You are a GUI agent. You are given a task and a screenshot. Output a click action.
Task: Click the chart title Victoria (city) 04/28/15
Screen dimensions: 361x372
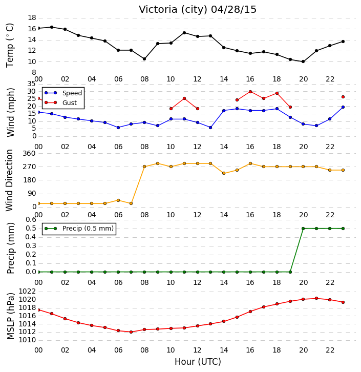pos(198,10)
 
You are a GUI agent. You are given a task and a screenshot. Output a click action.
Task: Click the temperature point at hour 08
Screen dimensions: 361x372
pos(144,59)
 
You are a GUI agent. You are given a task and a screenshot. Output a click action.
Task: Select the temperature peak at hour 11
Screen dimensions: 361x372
pos(184,33)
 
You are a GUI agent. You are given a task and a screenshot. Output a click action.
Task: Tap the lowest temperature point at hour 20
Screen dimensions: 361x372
pos(303,61)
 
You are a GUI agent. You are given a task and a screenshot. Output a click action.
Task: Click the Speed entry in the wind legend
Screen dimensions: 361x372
pos(63,93)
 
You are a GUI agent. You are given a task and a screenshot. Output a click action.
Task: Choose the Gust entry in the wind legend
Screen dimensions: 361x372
pos(61,102)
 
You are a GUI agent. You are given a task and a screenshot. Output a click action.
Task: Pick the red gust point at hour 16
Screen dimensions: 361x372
pos(250,92)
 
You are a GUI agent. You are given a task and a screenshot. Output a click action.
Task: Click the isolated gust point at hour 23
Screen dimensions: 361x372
pos(343,97)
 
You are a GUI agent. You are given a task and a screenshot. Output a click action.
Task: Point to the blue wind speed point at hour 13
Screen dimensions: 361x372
pos(210,128)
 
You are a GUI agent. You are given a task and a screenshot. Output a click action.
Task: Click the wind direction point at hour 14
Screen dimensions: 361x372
pos(224,173)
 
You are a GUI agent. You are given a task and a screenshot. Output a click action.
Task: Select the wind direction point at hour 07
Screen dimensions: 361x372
pos(131,203)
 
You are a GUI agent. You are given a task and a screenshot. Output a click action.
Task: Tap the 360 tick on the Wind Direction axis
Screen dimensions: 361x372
pos(29,154)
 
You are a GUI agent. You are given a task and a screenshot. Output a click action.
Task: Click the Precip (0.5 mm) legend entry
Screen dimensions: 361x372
pos(79,229)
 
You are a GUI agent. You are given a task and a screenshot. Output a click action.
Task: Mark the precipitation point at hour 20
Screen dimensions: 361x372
pos(303,229)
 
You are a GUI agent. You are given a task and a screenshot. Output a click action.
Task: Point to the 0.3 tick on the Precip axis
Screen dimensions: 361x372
pos(31,245)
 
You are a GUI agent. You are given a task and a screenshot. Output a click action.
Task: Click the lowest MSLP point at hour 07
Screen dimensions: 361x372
pos(131,332)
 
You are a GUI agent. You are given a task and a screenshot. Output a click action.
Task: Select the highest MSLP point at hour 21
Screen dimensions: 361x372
pos(316,298)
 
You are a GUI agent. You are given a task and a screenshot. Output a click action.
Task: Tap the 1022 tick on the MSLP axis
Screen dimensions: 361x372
pos(27,292)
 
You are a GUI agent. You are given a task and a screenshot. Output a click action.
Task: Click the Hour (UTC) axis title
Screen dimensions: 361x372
pos(198,362)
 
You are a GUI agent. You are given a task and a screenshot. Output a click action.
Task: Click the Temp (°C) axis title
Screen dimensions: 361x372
pos(10,45)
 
